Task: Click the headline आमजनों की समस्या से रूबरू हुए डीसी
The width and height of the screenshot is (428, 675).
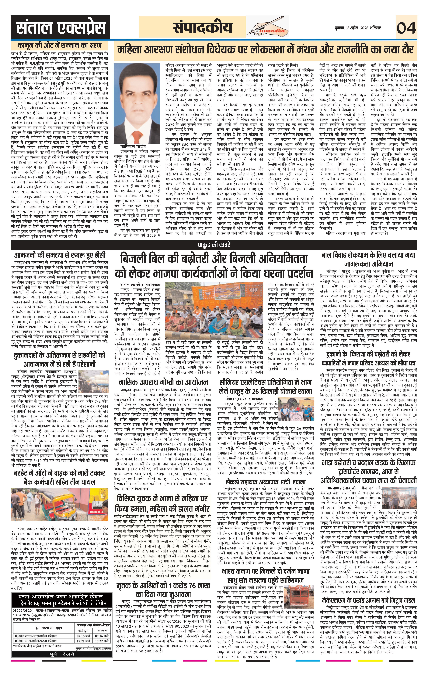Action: click(60, 255)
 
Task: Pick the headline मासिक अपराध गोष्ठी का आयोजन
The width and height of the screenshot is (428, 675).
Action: click(163, 382)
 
